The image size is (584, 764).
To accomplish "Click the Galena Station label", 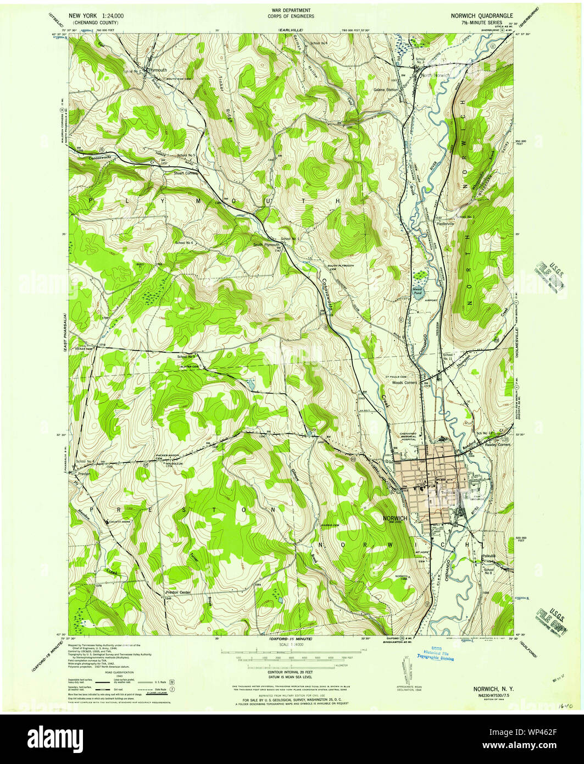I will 386,89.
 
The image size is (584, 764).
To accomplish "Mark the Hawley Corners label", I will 498,445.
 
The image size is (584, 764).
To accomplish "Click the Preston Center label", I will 177,592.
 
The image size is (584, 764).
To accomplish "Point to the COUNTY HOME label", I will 119,521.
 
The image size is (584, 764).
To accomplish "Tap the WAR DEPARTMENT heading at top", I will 291,10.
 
